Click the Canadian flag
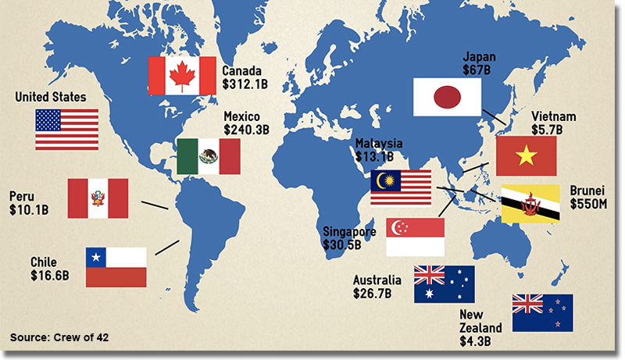tap(181, 75)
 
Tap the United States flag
tap(66, 129)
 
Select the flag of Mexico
tap(208, 156)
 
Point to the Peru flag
tap(98, 198)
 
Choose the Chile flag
tap(116, 266)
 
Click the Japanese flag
tap(446, 97)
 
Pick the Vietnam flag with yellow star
tap(526, 155)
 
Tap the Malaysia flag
tap(401, 187)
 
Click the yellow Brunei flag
tap(530, 205)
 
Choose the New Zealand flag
tap(542, 312)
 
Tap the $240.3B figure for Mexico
tap(246, 130)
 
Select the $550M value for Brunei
tap(588, 203)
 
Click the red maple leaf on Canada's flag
tap(181, 75)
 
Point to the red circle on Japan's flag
tap(446, 97)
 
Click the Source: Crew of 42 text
tap(59, 337)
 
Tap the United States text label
tap(51, 98)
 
